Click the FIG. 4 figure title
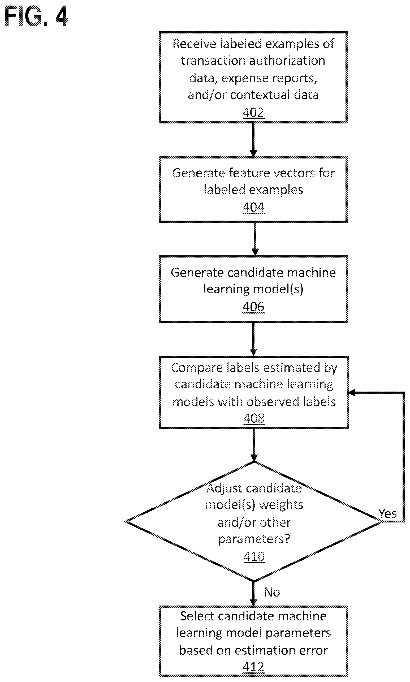point(36,16)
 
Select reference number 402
point(253,113)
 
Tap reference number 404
point(253,207)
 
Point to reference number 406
point(253,307)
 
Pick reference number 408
point(254,418)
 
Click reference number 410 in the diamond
point(254,556)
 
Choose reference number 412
point(253,667)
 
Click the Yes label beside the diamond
point(387,514)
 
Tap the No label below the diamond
point(272,592)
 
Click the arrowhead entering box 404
point(253,153)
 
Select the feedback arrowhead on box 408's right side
point(352,393)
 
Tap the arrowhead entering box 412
point(253,603)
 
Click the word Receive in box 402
point(194,44)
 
